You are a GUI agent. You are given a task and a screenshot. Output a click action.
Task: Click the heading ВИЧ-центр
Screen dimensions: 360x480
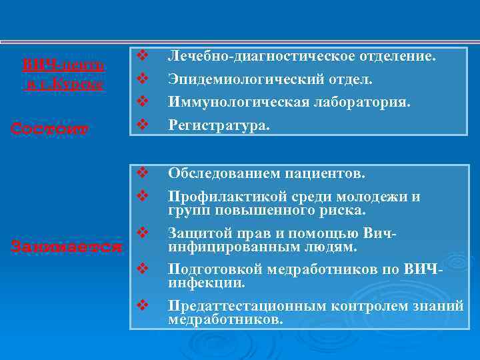[x=63, y=65]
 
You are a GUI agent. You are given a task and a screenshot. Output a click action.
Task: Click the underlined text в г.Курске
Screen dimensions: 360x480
[x=63, y=85]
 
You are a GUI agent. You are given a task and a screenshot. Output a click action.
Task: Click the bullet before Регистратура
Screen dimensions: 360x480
[x=141, y=124]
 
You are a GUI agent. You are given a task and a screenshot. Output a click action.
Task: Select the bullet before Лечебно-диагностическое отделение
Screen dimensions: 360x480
[x=141, y=55]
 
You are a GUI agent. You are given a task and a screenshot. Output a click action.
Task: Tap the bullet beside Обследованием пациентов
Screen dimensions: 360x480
[x=141, y=173]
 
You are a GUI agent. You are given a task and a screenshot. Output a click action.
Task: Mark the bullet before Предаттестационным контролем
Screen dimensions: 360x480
[x=141, y=305]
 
